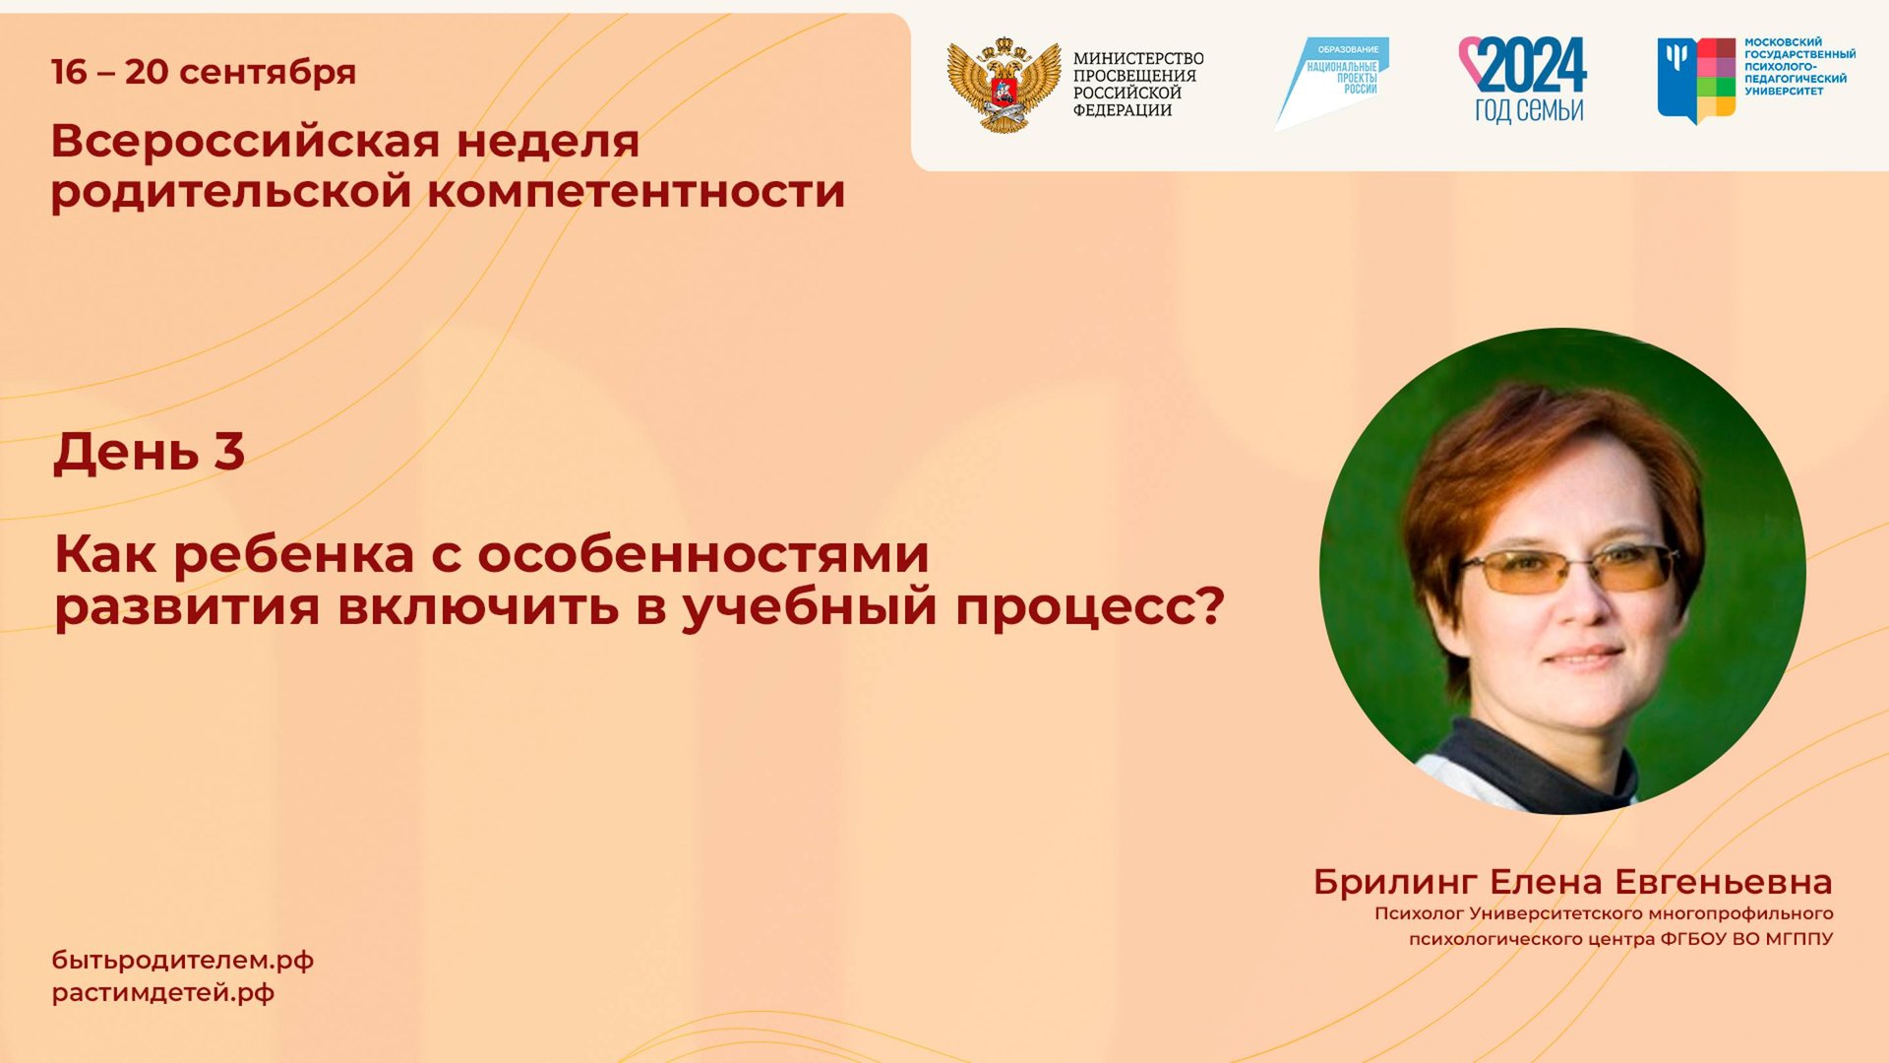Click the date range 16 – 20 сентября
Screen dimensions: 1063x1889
204,72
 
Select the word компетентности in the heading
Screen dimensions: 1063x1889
636,191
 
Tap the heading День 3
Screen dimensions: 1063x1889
149,452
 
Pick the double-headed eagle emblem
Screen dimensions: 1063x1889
1004,85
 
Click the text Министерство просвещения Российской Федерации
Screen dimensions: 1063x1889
1137,85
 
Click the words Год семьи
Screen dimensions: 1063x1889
1529,109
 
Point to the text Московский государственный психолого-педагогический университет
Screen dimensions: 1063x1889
1799,67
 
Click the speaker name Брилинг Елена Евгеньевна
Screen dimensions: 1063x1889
1572,882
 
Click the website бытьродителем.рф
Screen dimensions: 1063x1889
183,961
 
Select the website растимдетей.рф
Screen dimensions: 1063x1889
163,993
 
